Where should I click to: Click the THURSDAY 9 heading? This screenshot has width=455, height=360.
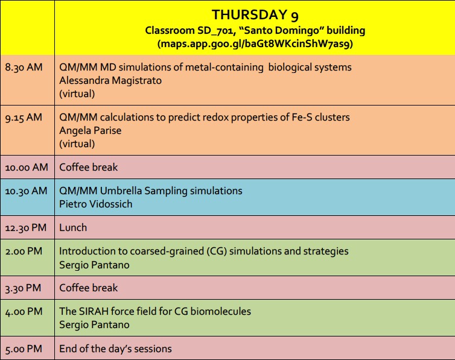pos(255,15)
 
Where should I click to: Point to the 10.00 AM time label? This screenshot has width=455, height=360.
pos(27,168)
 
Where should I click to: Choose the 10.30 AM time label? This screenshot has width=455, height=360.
pos(26,191)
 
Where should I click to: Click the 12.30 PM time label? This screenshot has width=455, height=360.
pos(26,228)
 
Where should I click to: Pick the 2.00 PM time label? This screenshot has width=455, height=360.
pos(24,251)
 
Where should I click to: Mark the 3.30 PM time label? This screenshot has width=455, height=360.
pos(23,288)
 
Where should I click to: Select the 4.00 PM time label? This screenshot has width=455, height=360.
pos(24,312)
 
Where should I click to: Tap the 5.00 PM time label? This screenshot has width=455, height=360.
pos(24,349)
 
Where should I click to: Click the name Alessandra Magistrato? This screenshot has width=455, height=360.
pos(110,81)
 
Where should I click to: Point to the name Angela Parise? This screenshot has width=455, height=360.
pos(91,131)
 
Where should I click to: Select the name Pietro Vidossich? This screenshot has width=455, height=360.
pos(96,204)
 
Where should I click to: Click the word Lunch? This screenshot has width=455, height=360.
pos(73,227)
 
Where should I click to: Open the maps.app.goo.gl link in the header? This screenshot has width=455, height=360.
pos(255,44)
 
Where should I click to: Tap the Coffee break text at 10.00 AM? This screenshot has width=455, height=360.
pos(89,167)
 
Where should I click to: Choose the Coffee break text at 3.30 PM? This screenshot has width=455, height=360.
pos(89,288)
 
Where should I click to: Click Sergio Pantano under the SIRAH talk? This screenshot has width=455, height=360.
pos(94,324)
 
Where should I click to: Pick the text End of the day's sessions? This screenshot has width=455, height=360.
pos(115,349)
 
